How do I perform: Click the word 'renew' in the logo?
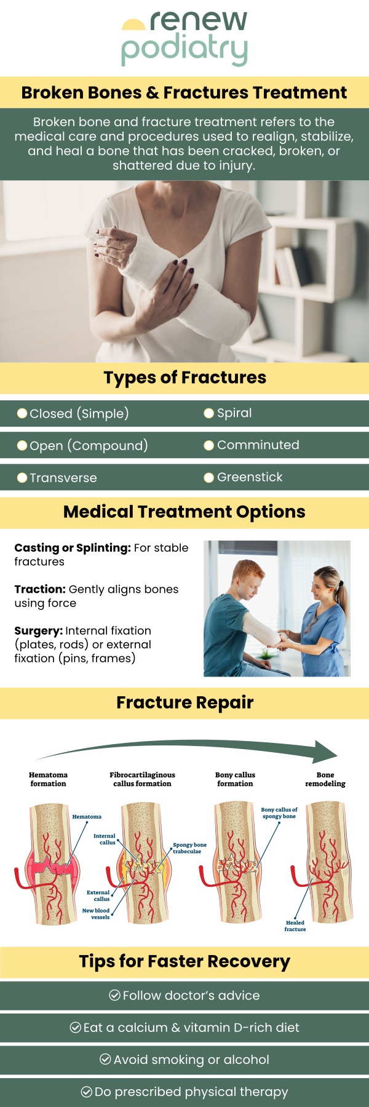click(x=198, y=22)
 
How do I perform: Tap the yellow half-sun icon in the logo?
click(x=133, y=25)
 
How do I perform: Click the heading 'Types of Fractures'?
click(x=184, y=378)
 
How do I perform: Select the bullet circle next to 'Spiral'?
click(x=209, y=413)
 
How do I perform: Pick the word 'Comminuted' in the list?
click(x=258, y=445)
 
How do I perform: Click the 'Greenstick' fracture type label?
click(x=250, y=477)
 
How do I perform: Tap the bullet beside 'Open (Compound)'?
click(x=22, y=445)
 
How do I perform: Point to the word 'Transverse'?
click(x=63, y=478)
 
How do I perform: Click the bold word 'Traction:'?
click(x=40, y=589)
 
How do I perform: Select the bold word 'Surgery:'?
click(x=39, y=631)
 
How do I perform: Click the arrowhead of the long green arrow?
click(x=326, y=752)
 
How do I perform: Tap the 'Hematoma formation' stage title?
click(x=48, y=779)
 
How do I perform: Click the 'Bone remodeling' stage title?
click(x=325, y=779)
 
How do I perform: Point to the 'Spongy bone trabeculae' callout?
click(x=189, y=848)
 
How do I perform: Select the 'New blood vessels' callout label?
click(x=97, y=914)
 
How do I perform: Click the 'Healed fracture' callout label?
click(x=295, y=926)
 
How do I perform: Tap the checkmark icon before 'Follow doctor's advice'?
click(x=114, y=995)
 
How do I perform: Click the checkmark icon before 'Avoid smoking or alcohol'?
click(x=105, y=1059)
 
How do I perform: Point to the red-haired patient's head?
click(x=249, y=575)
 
